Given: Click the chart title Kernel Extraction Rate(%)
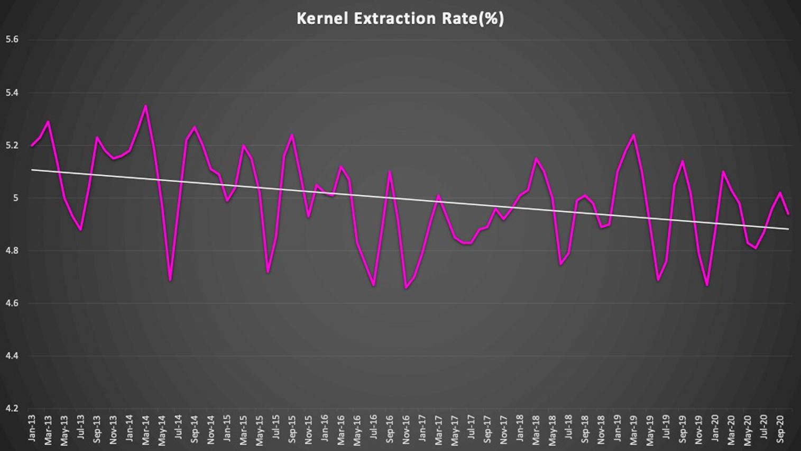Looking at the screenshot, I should pyautogui.click(x=400, y=19).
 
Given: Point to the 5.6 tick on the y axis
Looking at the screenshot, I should pyautogui.click(x=12, y=40).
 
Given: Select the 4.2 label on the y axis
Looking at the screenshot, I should pyautogui.click(x=12, y=409).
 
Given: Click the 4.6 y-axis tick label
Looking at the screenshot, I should pyautogui.click(x=12, y=303).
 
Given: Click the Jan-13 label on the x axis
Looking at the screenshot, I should pyautogui.click(x=32, y=429).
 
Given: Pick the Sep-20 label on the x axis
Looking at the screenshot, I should pyautogui.click(x=780, y=429).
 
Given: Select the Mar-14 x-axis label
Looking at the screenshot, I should pyautogui.click(x=146, y=429).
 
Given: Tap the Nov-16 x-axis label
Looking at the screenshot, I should pyautogui.click(x=407, y=429).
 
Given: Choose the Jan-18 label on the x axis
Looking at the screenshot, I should pyautogui.click(x=520, y=429).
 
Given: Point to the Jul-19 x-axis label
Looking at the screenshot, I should pyautogui.click(x=667, y=429).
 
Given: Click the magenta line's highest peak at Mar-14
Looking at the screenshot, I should pyautogui.click(x=146, y=106).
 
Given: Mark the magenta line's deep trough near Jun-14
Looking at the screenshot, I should pyautogui.click(x=170, y=280).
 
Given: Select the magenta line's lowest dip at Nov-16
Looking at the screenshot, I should pyautogui.click(x=406, y=287).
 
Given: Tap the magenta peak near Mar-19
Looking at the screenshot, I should pyautogui.click(x=634, y=135).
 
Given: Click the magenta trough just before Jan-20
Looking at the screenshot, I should pyautogui.click(x=707, y=285).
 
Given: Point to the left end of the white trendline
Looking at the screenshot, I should pyautogui.click(x=32, y=170).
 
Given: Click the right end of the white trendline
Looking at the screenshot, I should pyautogui.click(x=788, y=229).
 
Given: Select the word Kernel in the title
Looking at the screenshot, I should pyautogui.click(x=322, y=19).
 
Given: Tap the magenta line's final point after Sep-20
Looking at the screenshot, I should pyautogui.click(x=788, y=214).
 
